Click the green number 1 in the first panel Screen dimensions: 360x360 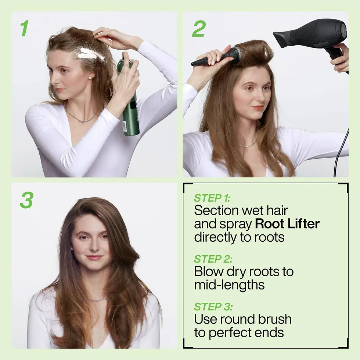point(24,28)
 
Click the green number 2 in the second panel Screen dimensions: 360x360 point(198,28)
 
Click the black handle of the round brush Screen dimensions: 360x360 point(206,61)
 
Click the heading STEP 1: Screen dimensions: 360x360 point(212,198)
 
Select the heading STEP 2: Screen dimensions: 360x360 point(213,259)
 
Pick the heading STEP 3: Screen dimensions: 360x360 point(213,306)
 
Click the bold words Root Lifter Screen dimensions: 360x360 point(287,224)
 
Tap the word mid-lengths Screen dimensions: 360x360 point(229,285)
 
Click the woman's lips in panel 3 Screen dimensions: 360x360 point(94,258)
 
